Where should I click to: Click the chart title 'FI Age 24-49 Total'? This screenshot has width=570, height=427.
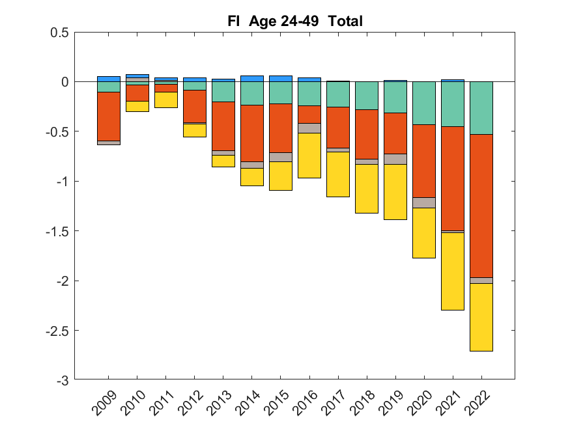pos(295,21)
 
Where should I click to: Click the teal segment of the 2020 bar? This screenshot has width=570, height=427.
pos(424,103)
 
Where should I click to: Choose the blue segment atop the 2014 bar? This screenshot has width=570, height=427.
pos(252,78)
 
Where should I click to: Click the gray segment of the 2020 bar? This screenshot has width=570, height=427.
pos(424,202)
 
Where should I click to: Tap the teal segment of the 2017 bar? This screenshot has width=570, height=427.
pos(338,94)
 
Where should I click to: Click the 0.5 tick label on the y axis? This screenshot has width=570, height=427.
pos(59,32)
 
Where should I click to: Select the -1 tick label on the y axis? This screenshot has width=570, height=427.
pos(64,181)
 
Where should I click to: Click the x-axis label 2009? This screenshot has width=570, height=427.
pos(104,404)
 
